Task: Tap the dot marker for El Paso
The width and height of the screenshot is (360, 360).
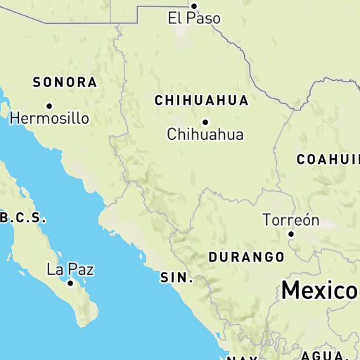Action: (195, 6)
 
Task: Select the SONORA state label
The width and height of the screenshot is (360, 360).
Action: (65, 82)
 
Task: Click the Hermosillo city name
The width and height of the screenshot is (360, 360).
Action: (49, 118)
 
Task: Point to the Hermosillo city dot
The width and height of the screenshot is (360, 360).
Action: (49, 106)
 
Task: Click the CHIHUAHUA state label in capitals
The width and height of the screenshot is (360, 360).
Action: (201, 101)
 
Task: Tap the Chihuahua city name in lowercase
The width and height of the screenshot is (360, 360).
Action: (205, 134)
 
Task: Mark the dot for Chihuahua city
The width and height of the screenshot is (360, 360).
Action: (205, 122)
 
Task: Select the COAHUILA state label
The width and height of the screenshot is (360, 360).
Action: (328, 159)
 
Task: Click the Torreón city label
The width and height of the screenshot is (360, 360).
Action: (291, 220)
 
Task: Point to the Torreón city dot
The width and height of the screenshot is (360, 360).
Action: (291, 233)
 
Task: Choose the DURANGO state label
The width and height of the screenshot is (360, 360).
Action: (246, 257)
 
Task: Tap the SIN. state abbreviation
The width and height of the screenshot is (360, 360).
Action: (176, 278)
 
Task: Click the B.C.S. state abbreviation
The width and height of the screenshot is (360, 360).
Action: (23, 218)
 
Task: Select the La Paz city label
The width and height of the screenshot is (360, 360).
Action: (70, 269)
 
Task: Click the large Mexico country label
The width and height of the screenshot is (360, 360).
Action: (321, 290)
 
